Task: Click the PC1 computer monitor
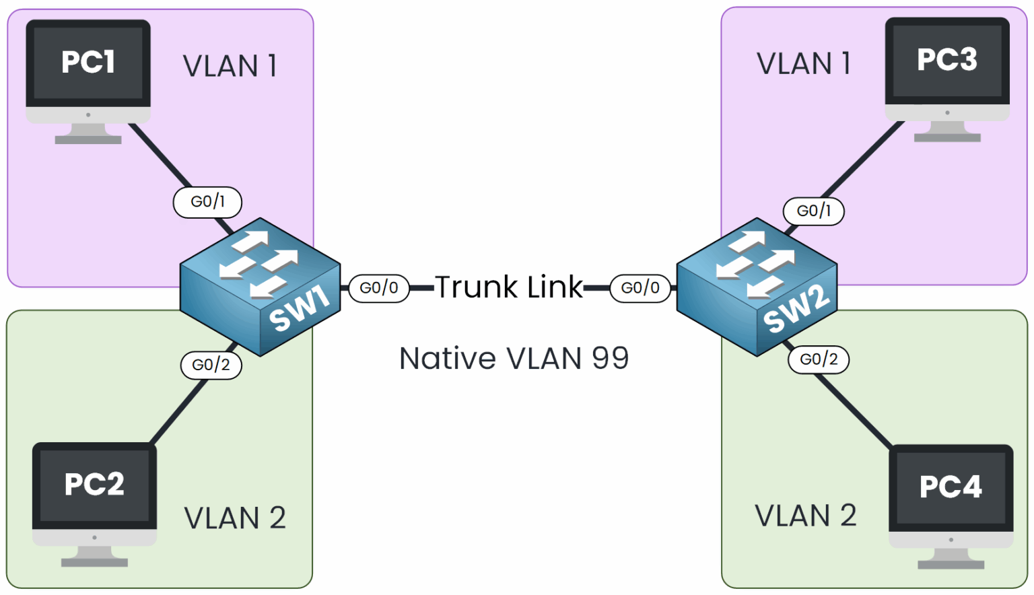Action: (88, 67)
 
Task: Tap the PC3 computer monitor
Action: (946, 65)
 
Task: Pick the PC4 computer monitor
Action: (951, 491)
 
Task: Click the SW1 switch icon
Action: (260, 286)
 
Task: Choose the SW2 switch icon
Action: (757, 286)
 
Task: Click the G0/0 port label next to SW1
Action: (379, 288)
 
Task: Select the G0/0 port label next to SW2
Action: (640, 288)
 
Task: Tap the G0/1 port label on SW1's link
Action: (207, 202)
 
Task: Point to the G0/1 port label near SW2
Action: (813, 211)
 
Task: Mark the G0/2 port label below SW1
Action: (211, 365)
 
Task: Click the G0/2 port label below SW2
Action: (819, 359)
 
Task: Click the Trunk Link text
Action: (509, 287)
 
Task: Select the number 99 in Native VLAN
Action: (610, 358)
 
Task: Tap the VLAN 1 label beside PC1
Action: (230, 66)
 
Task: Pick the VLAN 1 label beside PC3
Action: (803, 64)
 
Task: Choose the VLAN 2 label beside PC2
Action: (234, 518)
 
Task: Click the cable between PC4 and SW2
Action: (854, 409)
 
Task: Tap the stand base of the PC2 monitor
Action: (94, 561)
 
